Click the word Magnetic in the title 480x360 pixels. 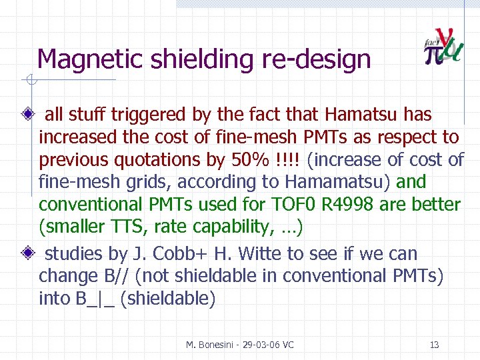pos(91,60)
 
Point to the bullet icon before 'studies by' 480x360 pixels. pos(28,254)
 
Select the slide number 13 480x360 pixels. pos(434,345)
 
